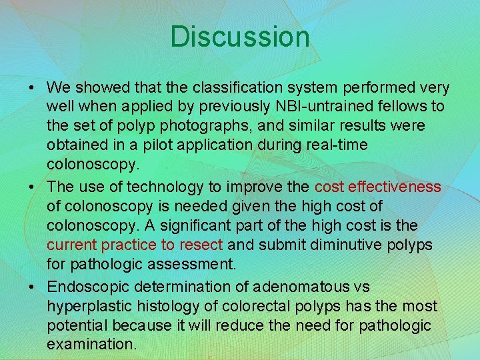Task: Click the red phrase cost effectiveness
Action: (x=378, y=187)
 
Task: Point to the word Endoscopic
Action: (x=88, y=287)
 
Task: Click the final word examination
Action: (x=91, y=345)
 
